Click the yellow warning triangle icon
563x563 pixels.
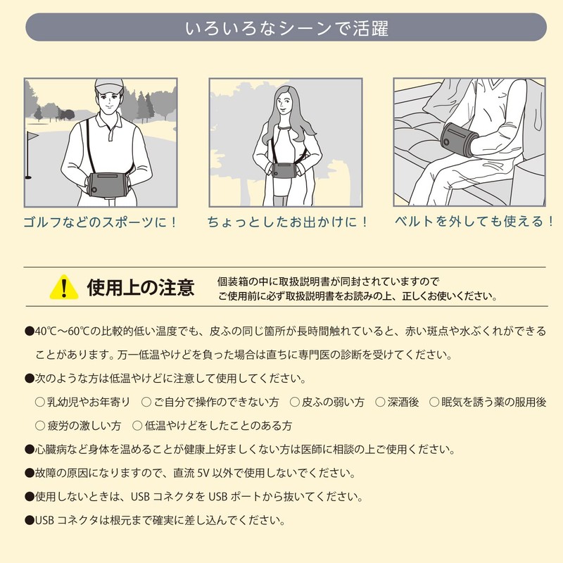point(64,288)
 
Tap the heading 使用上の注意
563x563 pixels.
point(141,288)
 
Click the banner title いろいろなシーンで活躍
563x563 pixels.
point(286,28)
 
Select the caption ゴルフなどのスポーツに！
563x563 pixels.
point(101,222)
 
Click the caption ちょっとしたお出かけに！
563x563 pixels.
point(288,222)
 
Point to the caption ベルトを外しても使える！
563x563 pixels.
point(474,221)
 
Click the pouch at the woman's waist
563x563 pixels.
point(284,170)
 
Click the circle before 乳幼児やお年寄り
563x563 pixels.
point(40,402)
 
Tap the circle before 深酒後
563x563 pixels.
point(380,402)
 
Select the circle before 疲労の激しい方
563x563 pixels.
point(40,426)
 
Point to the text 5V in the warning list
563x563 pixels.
point(203,473)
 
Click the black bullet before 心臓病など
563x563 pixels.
point(29,450)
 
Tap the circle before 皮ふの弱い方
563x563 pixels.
point(294,402)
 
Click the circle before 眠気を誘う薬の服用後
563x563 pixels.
point(434,402)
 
